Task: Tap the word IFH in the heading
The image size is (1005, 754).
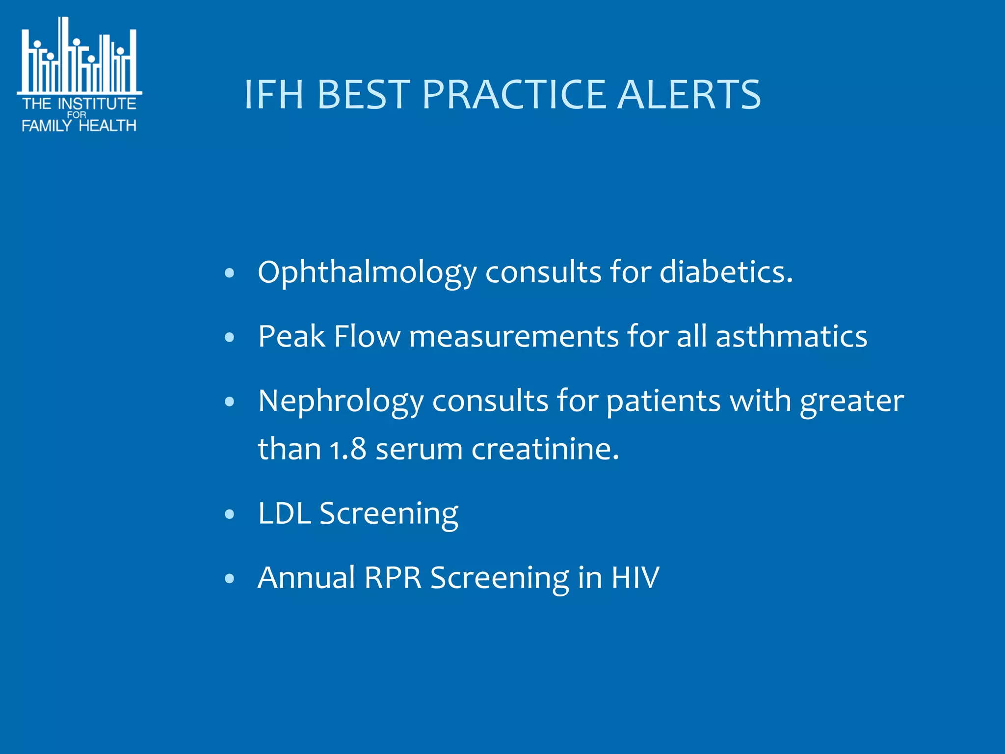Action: click(274, 94)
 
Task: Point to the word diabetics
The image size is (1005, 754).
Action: click(726, 272)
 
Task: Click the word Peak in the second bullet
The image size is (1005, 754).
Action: click(291, 337)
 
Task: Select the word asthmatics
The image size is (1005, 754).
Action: click(791, 337)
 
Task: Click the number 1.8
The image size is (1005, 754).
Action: click(348, 449)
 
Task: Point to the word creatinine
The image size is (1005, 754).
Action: click(545, 449)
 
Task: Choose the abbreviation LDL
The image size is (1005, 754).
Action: click(285, 513)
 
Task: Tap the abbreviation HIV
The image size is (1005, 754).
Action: click(635, 577)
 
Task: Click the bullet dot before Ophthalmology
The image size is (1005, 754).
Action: click(229, 273)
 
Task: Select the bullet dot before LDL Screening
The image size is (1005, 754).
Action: click(229, 514)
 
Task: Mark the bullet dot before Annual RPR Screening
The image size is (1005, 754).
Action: click(229, 578)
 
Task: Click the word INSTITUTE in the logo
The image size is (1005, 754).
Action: click(97, 104)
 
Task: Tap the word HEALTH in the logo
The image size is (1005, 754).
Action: click(107, 126)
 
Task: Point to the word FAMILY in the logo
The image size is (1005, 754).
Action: click(47, 126)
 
